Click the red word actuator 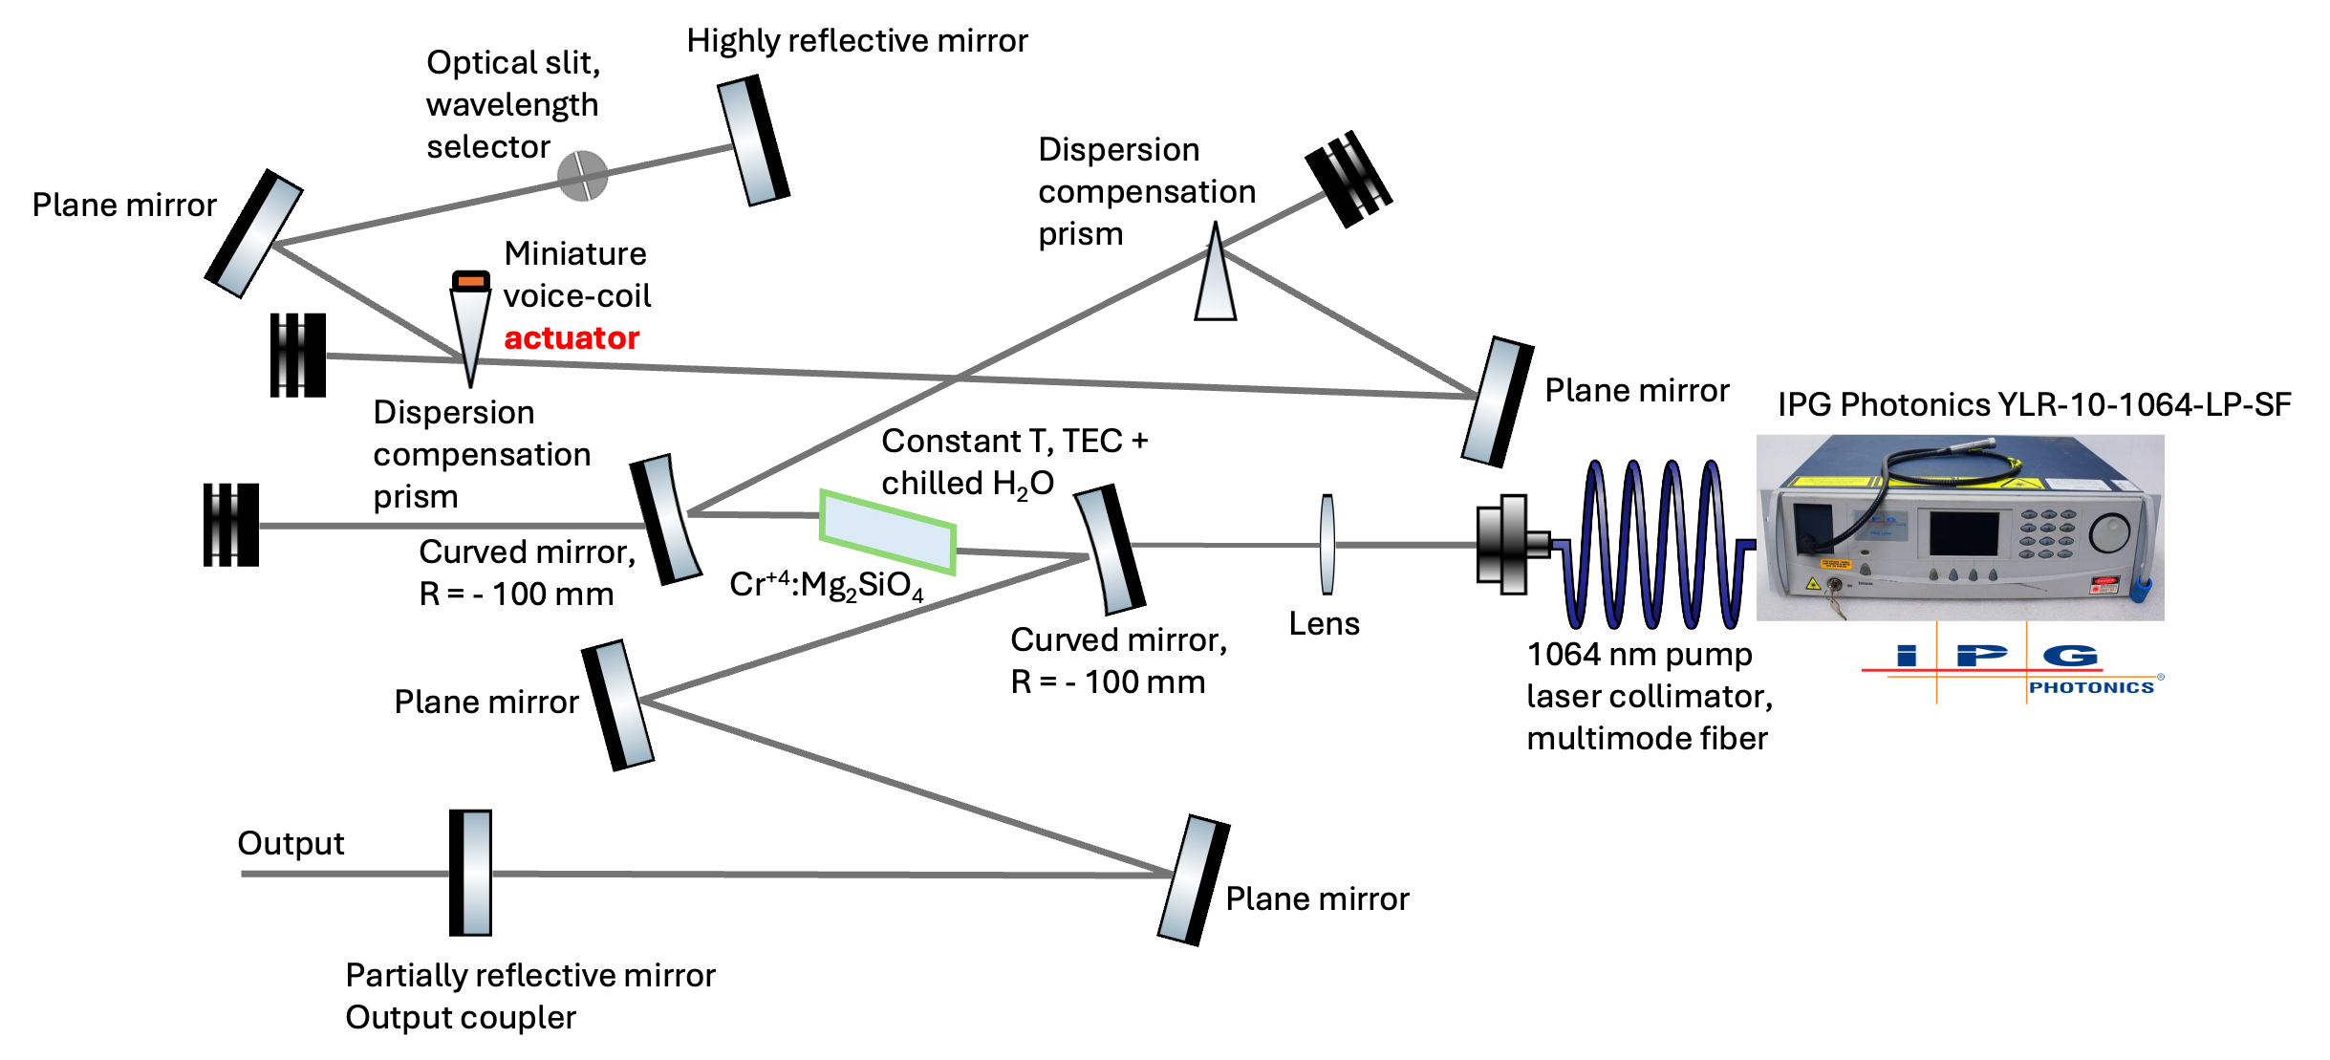pos(572,338)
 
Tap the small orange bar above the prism pos(471,281)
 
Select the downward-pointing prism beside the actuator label pos(470,330)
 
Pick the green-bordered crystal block pos(888,532)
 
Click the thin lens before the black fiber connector pos(1327,544)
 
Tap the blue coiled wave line pos(1653,545)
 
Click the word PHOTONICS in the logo pos(2091,687)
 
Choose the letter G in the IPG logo pos(2070,656)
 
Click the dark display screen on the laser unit pos(1964,532)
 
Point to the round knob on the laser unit pos(2108,532)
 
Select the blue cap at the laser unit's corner pos(2141,587)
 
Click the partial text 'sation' pos(1201,192)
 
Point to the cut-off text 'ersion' pos(487,410)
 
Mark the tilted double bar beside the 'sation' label pos(1353,176)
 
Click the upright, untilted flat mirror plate pos(476,873)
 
